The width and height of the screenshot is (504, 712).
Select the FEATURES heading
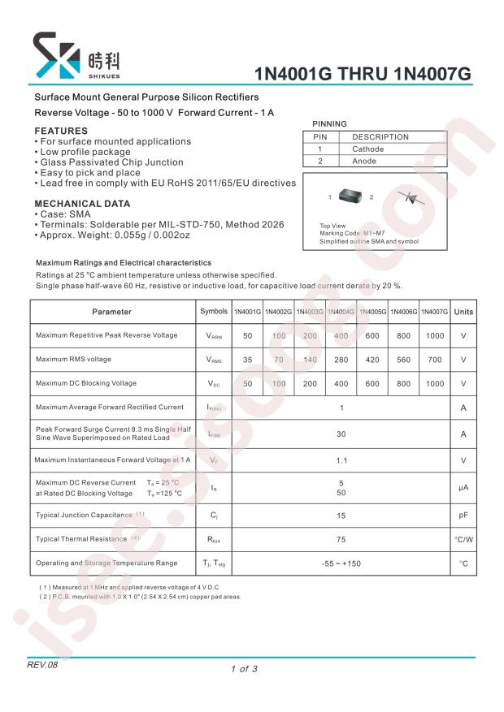(61, 131)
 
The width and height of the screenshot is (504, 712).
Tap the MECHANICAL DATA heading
(82, 203)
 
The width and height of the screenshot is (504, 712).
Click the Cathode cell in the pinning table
(367, 149)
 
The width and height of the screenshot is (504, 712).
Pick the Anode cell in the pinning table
(363, 162)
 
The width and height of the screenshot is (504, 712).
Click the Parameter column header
(111, 312)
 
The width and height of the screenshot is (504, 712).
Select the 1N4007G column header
(434, 312)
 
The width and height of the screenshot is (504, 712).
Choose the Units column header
(463, 312)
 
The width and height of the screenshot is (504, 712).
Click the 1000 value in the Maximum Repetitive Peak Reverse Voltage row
(434, 335)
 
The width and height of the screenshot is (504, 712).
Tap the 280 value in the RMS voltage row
(341, 360)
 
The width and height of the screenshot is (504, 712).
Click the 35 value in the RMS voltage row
(248, 360)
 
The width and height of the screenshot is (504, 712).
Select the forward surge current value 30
(341, 434)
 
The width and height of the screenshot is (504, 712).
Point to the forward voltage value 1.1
(341, 460)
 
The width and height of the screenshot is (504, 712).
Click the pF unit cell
(463, 516)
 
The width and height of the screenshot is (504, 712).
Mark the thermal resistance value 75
(341, 538)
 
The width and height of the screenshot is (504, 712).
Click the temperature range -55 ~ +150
(341, 563)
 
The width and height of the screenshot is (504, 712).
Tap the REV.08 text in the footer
(43, 665)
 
